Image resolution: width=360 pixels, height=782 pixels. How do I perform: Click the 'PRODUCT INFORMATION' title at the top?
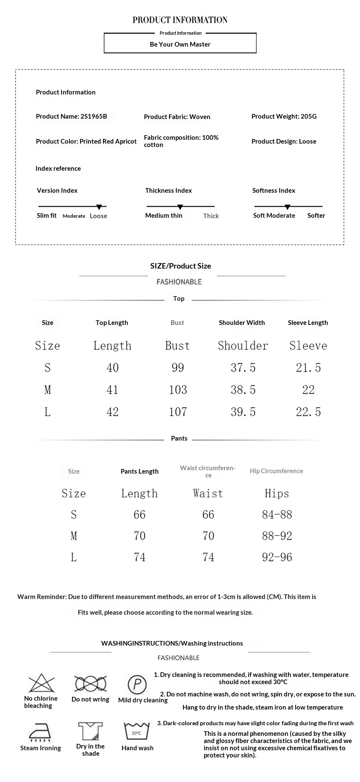point(180,20)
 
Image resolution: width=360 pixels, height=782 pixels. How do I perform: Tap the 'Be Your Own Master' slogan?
point(180,44)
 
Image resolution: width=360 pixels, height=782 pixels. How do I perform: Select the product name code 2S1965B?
point(94,116)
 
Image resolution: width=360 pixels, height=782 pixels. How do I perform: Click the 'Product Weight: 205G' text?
point(284,116)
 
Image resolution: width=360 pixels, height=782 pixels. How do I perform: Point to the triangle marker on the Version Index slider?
point(99,207)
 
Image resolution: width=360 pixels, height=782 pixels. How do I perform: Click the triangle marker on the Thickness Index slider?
point(180,207)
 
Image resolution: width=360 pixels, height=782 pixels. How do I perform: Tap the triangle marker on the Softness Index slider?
point(288,207)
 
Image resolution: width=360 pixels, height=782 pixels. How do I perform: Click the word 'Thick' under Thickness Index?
point(211,216)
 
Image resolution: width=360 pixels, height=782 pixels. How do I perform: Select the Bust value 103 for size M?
point(178,390)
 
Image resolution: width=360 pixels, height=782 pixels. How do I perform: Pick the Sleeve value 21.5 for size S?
point(308,368)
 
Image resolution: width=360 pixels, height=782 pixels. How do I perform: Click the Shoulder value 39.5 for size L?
point(243,412)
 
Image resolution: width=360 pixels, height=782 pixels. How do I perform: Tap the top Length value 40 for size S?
point(113,368)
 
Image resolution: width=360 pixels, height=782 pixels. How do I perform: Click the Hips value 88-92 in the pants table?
point(277,536)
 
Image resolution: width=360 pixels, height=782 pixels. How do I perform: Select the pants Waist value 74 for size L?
point(208,557)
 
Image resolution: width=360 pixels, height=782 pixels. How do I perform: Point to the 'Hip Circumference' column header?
point(277,471)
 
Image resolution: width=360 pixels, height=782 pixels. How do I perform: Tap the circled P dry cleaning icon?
point(137,684)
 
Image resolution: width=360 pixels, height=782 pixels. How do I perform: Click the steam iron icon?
point(40,732)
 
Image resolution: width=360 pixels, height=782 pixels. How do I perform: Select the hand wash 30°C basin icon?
point(137,731)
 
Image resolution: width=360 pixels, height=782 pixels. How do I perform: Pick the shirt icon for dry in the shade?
point(91,731)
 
